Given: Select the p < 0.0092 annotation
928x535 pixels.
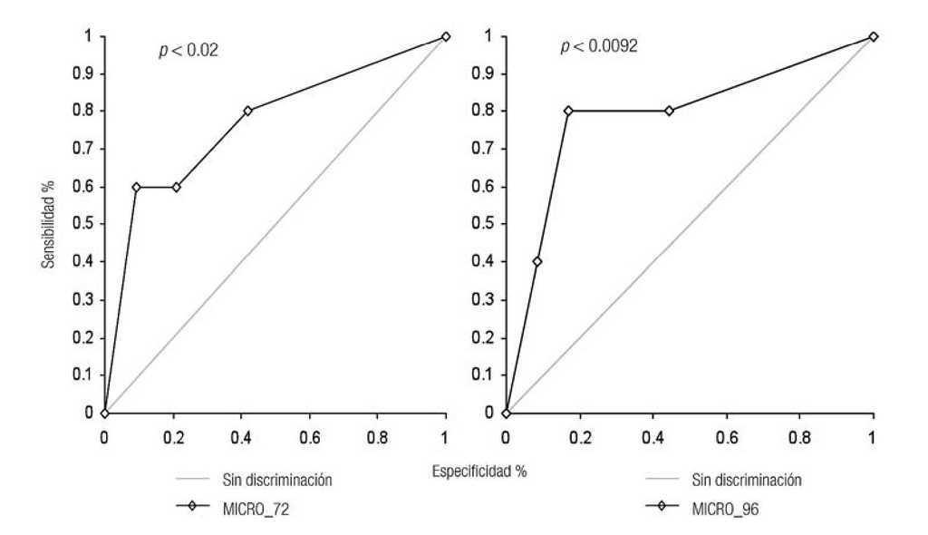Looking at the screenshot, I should (599, 46).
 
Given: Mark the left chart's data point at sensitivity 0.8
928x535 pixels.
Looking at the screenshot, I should (247, 111).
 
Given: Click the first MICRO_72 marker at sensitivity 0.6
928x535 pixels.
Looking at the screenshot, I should (136, 187).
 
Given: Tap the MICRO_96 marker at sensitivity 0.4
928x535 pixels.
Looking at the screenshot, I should (536, 262).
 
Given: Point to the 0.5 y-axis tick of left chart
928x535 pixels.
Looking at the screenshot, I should (88, 224).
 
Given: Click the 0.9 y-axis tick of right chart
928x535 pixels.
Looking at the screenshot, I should (490, 73).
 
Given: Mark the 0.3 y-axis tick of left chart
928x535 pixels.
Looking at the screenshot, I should (88, 299).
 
